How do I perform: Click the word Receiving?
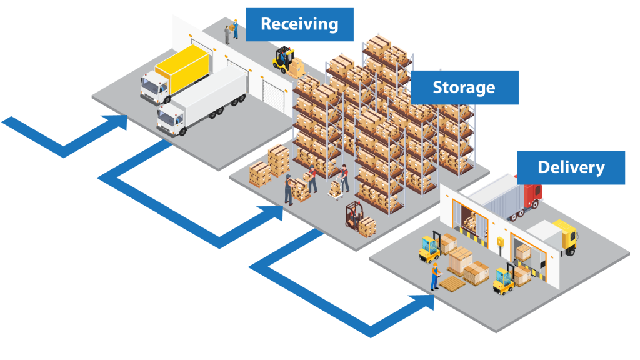299,24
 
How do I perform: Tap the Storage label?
464,87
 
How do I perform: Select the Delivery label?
571,167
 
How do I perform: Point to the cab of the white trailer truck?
172,119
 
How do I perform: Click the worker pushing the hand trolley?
344,177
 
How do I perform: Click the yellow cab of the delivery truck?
566,236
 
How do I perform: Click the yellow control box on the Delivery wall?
500,241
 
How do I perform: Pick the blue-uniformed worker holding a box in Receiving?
236,28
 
